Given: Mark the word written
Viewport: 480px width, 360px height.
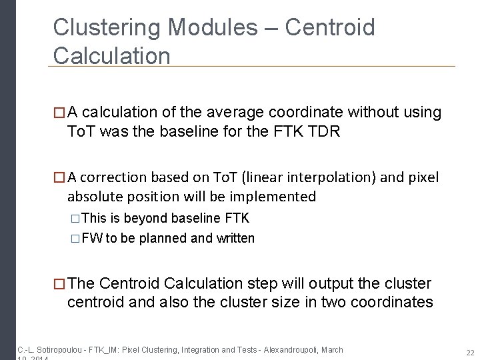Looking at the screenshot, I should click(x=235, y=238).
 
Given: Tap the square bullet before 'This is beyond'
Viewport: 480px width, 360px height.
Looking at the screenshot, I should click(x=75, y=219).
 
